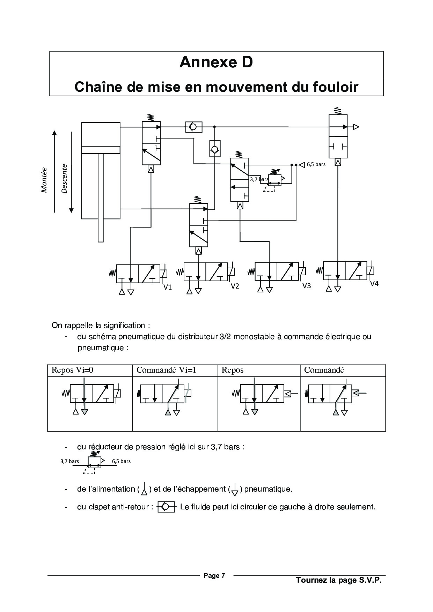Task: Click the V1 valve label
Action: (168, 287)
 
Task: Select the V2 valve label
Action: (235, 286)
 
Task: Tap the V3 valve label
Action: (306, 286)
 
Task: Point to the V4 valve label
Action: (374, 284)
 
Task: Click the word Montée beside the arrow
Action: (44, 180)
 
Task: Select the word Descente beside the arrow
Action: (64, 178)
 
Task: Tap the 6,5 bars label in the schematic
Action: (316, 164)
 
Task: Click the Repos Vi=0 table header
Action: (72, 370)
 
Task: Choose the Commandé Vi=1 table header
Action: (166, 370)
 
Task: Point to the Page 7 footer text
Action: (214, 575)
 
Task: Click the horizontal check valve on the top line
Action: (194, 127)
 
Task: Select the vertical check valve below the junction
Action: (214, 149)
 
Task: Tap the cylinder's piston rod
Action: (101, 197)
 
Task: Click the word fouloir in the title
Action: (336, 87)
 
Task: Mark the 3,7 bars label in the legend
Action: (69, 461)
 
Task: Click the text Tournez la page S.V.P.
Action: (339, 580)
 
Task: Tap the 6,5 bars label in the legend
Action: (121, 461)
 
